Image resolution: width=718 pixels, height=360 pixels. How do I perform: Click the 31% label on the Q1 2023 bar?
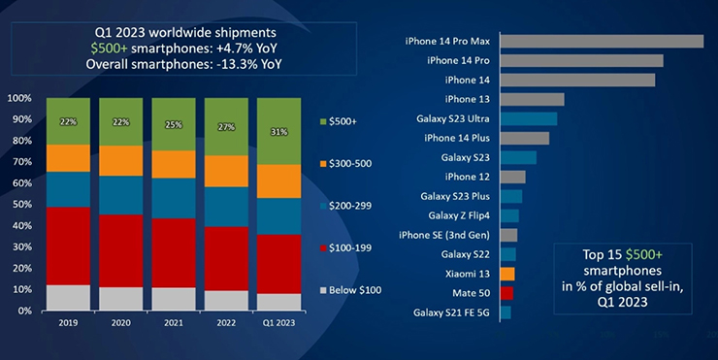(x=279, y=132)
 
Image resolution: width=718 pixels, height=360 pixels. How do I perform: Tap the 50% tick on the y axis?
(x=19, y=205)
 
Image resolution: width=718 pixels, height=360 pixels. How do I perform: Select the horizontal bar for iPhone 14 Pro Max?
(x=602, y=41)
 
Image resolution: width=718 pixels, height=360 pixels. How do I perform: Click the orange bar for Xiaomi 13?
(x=507, y=274)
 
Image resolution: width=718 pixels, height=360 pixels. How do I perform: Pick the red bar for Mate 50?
(x=506, y=293)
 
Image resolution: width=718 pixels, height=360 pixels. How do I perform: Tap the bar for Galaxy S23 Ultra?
(x=529, y=118)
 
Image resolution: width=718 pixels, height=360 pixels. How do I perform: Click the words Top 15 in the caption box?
(x=601, y=252)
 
